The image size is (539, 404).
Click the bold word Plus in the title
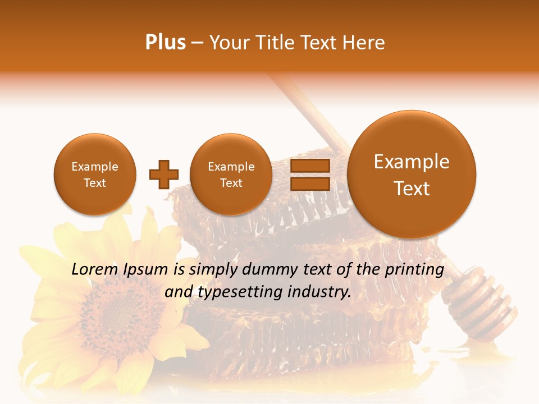[x=166, y=43]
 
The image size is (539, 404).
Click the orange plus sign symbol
[x=164, y=174]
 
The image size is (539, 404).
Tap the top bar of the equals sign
[x=309, y=166]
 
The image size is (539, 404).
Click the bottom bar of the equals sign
[x=309, y=183]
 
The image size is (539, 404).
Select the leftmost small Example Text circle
[x=95, y=175]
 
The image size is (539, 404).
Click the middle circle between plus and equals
[x=231, y=175]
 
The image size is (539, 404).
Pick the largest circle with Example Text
[x=412, y=175]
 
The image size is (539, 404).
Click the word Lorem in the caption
[x=95, y=269]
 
